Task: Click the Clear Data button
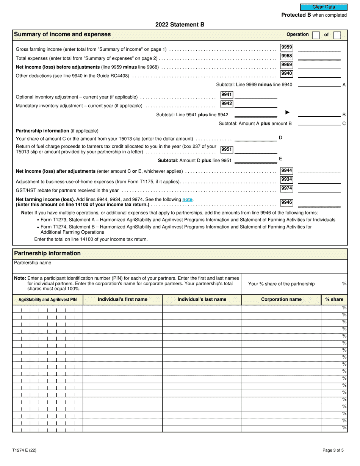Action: pyautogui.click(x=323, y=7)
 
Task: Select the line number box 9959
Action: pyautogui.click(x=286, y=47)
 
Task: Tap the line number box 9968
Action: pyautogui.click(x=286, y=56)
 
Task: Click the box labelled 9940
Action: pyautogui.click(x=286, y=73)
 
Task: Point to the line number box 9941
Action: pyautogui.click(x=227, y=95)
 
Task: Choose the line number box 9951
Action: pyautogui.click(x=227, y=149)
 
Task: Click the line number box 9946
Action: pyautogui.click(x=286, y=202)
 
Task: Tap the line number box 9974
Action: pyautogui.click(x=286, y=188)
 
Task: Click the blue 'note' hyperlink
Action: pyautogui.click(x=187, y=199)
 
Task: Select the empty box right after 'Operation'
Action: pyautogui.click(x=316, y=35)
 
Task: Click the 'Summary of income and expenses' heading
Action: pyautogui.click(x=63, y=34)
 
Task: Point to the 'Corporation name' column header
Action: pyautogui.click(x=281, y=300)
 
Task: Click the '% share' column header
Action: pyautogui.click(x=334, y=300)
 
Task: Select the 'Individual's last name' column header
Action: pyautogui.click(x=202, y=300)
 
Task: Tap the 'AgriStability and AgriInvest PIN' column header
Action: pyautogui.click(x=47, y=300)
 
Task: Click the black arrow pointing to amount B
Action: pyautogui.click(x=287, y=113)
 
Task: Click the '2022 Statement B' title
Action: pyautogui.click(x=180, y=25)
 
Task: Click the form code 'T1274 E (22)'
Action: pyautogui.click(x=24, y=450)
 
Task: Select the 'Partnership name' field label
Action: pyautogui.click(x=33, y=263)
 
